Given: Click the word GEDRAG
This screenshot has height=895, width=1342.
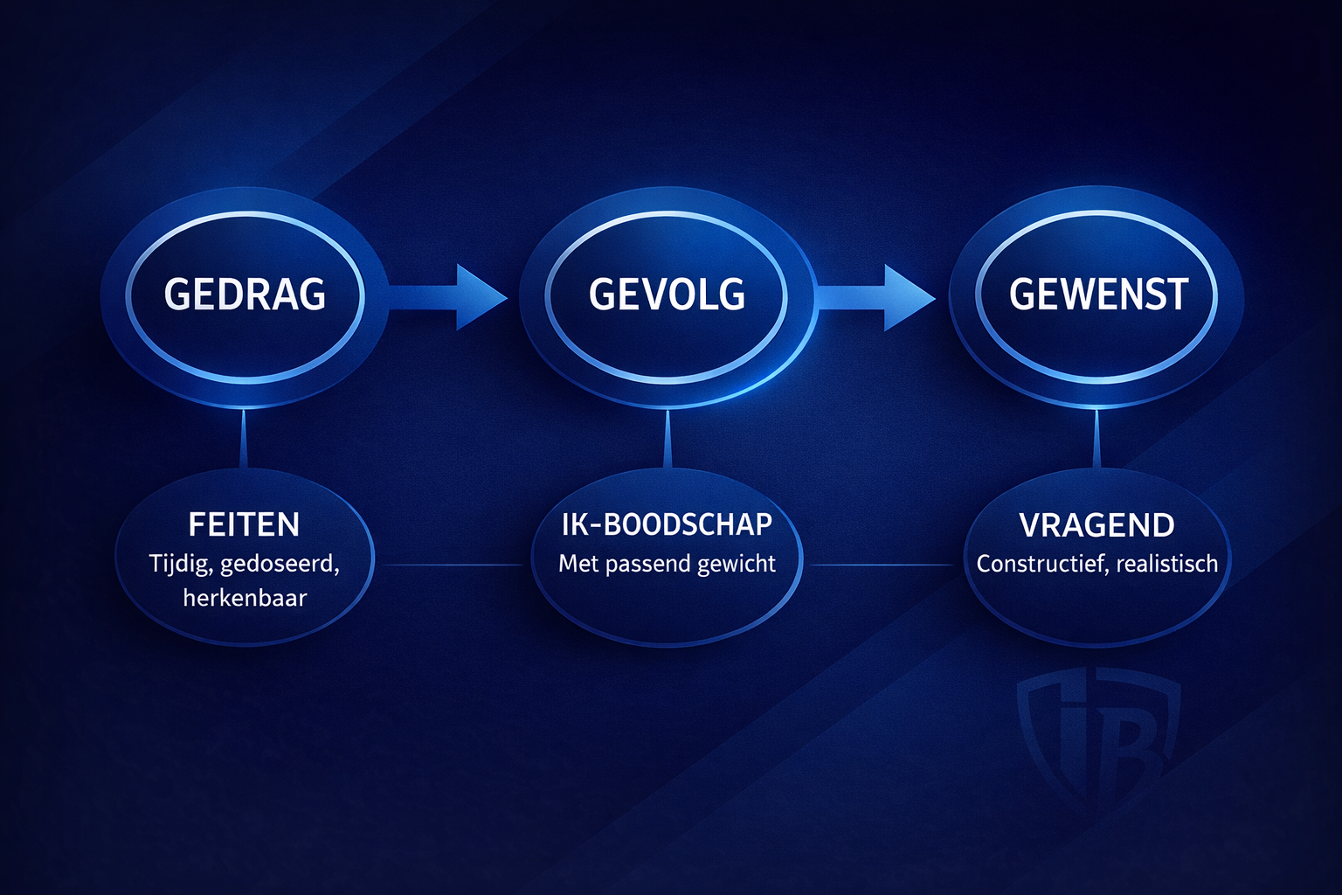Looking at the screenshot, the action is pyautogui.click(x=245, y=294).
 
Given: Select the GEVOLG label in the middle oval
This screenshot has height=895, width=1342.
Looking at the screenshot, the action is pyautogui.click(x=667, y=294).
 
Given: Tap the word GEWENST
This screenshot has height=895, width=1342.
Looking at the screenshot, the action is pyautogui.click(x=1098, y=294).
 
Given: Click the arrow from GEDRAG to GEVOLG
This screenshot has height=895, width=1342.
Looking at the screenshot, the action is pyautogui.click(x=447, y=297).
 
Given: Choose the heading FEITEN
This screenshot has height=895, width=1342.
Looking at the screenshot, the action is pyautogui.click(x=244, y=524).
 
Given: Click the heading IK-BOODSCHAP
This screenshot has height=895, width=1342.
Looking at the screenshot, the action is pyautogui.click(x=667, y=524).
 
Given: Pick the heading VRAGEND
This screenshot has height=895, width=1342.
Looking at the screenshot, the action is pyautogui.click(x=1097, y=525).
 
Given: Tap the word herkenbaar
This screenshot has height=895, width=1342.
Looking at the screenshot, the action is pyautogui.click(x=245, y=598).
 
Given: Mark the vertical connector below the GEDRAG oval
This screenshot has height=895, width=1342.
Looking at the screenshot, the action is pyautogui.click(x=243, y=438).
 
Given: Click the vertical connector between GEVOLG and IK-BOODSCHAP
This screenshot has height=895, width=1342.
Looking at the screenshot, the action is pyautogui.click(x=668, y=438).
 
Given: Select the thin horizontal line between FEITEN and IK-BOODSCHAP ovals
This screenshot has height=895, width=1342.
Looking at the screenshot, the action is pyautogui.click(x=453, y=565).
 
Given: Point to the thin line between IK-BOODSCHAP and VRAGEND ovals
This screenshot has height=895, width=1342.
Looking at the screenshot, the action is pyautogui.click(x=881, y=565).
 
